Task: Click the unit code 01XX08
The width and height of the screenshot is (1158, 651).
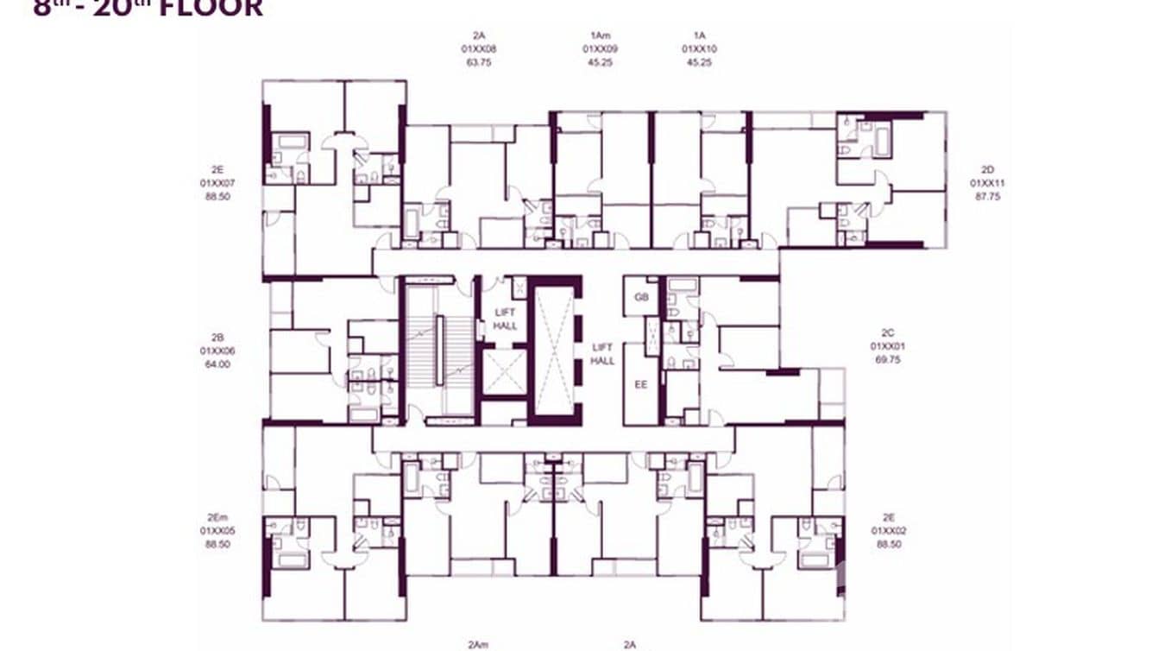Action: point(478,49)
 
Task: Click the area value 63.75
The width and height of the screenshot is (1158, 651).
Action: point(478,62)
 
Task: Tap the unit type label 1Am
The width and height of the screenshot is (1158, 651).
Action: point(600,35)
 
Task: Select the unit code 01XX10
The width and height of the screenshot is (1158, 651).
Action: point(699,49)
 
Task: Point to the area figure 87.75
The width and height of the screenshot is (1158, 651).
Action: point(987,197)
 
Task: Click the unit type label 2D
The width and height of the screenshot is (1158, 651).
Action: point(987,169)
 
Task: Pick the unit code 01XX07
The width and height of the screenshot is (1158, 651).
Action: point(217,183)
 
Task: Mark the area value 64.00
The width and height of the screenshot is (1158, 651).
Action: point(217,364)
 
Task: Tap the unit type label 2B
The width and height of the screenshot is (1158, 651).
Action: point(217,337)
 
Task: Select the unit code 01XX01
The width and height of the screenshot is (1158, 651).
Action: point(887,346)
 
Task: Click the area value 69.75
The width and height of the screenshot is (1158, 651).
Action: point(887,359)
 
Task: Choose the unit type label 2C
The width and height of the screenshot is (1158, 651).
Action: point(887,332)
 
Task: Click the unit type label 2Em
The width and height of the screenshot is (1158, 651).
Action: point(217,516)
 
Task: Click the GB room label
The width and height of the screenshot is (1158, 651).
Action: point(640,297)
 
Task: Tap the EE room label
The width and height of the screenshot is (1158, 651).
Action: point(640,385)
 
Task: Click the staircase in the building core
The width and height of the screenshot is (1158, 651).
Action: point(439,350)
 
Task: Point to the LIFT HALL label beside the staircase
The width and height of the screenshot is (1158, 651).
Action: point(505,319)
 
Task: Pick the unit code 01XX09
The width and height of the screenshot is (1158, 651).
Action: point(598,49)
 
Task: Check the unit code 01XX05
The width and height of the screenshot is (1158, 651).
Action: point(217,531)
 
